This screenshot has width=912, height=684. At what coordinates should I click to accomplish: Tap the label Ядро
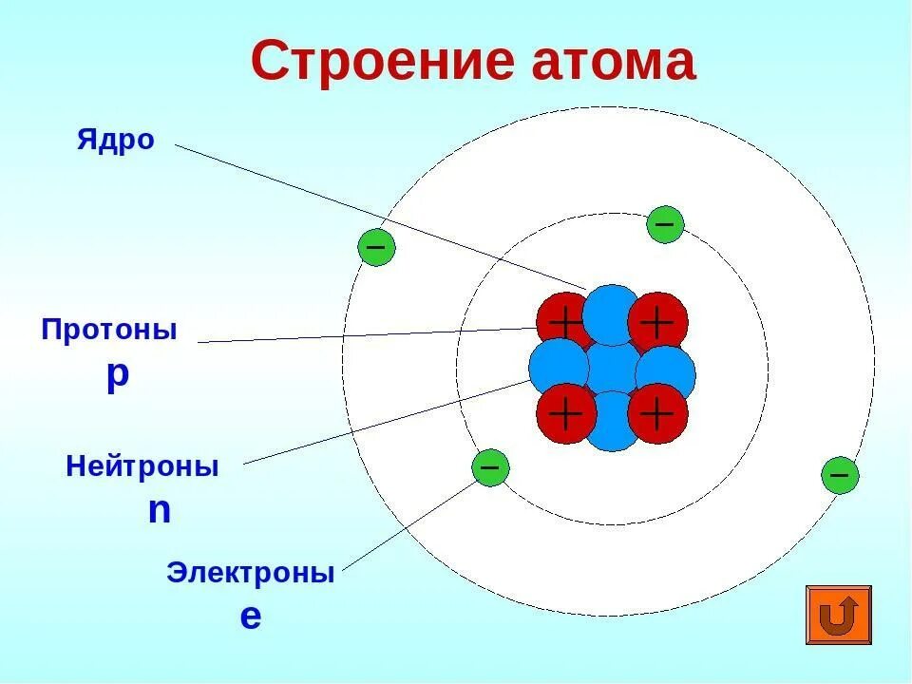coord(115,141)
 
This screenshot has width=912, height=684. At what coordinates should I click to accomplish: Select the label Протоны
coord(109,331)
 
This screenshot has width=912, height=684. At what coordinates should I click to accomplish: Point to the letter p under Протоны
coord(117,374)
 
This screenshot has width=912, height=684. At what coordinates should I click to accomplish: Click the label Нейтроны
coord(142,467)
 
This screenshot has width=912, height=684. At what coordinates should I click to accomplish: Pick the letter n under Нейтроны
coord(160,511)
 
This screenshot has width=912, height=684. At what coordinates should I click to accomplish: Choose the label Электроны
coord(251,574)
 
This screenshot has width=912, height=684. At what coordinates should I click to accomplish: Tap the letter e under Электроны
coord(250,617)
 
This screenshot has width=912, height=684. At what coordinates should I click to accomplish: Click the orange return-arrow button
coord(839,615)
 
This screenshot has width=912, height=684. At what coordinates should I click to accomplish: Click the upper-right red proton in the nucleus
coord(657,321)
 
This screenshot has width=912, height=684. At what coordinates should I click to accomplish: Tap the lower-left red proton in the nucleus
coord(564,414)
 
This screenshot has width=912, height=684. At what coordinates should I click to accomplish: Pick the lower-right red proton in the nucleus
coord(657,414)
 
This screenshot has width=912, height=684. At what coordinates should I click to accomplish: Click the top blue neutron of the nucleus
coord(612,312)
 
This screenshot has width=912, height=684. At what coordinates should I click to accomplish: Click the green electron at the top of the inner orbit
coord(665,224)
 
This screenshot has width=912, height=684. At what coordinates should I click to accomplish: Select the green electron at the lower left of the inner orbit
coord(490,467)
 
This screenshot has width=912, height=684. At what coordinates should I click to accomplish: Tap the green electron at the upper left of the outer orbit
coord(376,247)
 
